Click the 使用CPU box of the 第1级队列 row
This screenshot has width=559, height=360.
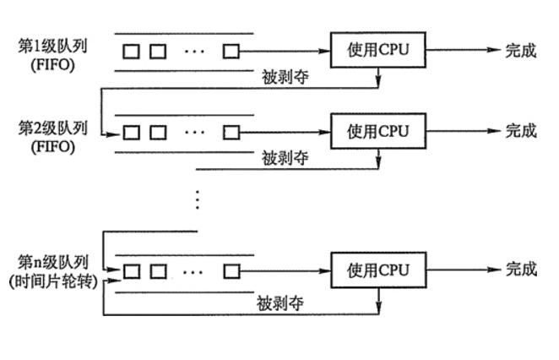click(377, 50)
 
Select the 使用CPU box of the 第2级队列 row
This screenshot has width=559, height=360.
click(377, 131)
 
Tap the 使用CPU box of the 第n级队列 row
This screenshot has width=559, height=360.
click(377, 270)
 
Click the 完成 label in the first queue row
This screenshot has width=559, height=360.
click(521, 50)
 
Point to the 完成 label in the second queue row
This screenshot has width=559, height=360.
click(521, 131)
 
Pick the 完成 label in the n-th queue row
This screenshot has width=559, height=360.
click(521, 270)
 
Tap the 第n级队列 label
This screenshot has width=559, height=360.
click(53, 263)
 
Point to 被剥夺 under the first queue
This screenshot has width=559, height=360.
click(284, 76)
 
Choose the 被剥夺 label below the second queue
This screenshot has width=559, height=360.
click(284, 157)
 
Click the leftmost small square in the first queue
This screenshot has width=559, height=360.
click(131, 51)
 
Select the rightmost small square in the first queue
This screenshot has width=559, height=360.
click(231, 51)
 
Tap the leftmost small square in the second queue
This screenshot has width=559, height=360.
click(131, 132)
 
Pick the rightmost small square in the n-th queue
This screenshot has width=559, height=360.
click(231, 271)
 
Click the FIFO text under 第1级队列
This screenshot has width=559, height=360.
click(53, 62)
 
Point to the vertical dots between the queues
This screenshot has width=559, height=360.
click(197, 199)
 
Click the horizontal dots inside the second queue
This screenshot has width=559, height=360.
click(194, 132)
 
